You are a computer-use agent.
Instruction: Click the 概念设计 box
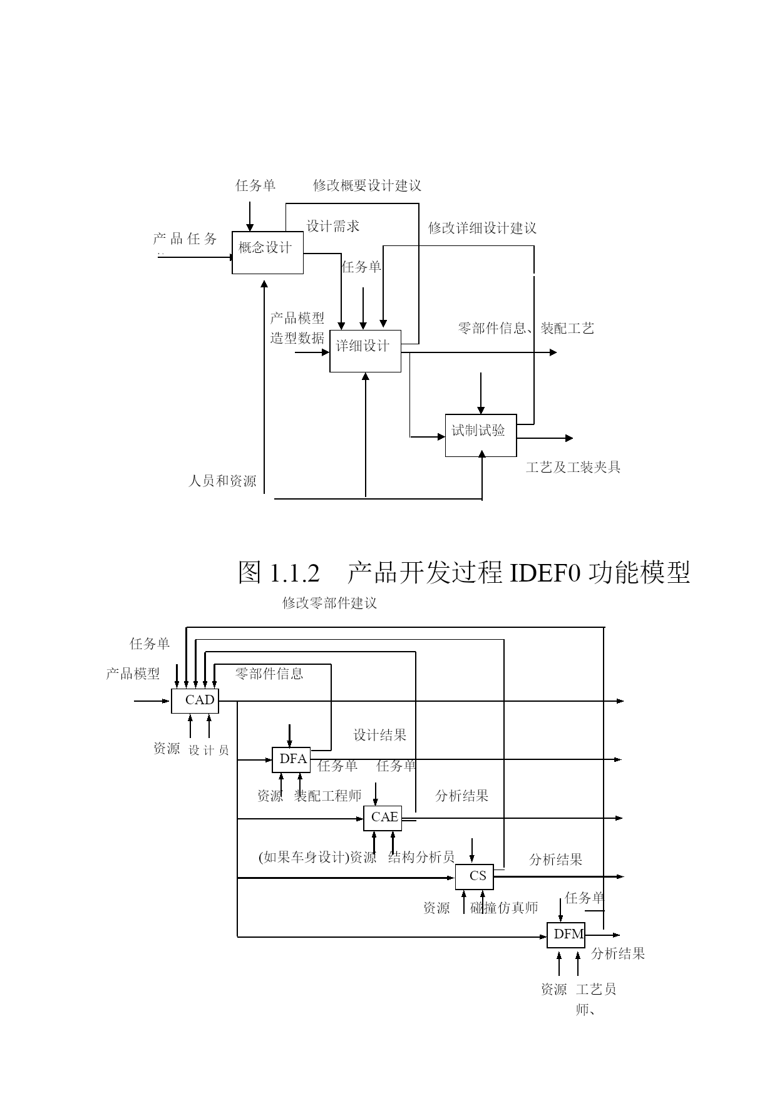(x=267, y=252)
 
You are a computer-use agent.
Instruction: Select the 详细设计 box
(x=365, y=351)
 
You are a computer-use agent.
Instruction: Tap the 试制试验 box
(x=481, y=435)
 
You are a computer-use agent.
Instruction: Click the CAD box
(x=195, y=700)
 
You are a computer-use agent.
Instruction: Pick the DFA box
(x=291, y=759)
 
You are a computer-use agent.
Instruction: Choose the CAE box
(x=383, y=818)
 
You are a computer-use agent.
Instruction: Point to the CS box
(x=474, y=876)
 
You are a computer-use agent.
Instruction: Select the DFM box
(x=566, y=935)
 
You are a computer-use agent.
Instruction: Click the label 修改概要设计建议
(x=368, y=185)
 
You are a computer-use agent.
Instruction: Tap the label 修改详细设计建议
(x=482, y=228)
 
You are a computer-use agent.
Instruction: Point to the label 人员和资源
(x=222, y=481)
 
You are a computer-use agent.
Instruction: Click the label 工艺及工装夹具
(x=574, y=467)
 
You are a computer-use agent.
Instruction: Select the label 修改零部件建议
(x=330, y=603)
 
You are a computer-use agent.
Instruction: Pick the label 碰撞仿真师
(x=504, y=908)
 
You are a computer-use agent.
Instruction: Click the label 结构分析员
(x=421, y=857)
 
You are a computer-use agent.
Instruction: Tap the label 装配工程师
(x=328, y=796)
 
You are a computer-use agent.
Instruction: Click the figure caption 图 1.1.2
(x=279, y=572)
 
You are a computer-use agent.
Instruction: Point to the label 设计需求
(x=333, y=226)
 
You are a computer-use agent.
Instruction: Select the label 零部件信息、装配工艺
(x=526, y=328)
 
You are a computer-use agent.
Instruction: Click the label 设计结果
(x=380, y=735)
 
